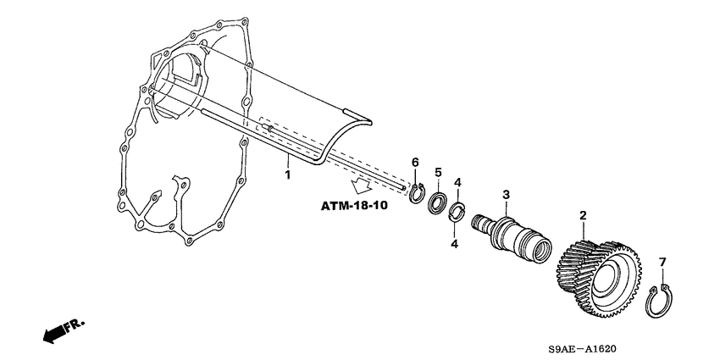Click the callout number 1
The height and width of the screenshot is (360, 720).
(x=287, y=174)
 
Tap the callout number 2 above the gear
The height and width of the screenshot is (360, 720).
(x=583, y=216)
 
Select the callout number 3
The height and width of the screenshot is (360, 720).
(x=506, y=195)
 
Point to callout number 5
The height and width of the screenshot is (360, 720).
(x=438, y=173)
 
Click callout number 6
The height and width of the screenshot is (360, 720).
(x=415, y=162)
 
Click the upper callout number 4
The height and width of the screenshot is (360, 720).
(x=457, y=182)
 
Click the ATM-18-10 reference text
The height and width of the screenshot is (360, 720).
(x=354, y=207)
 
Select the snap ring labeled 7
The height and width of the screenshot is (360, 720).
(x=661, y=302)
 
